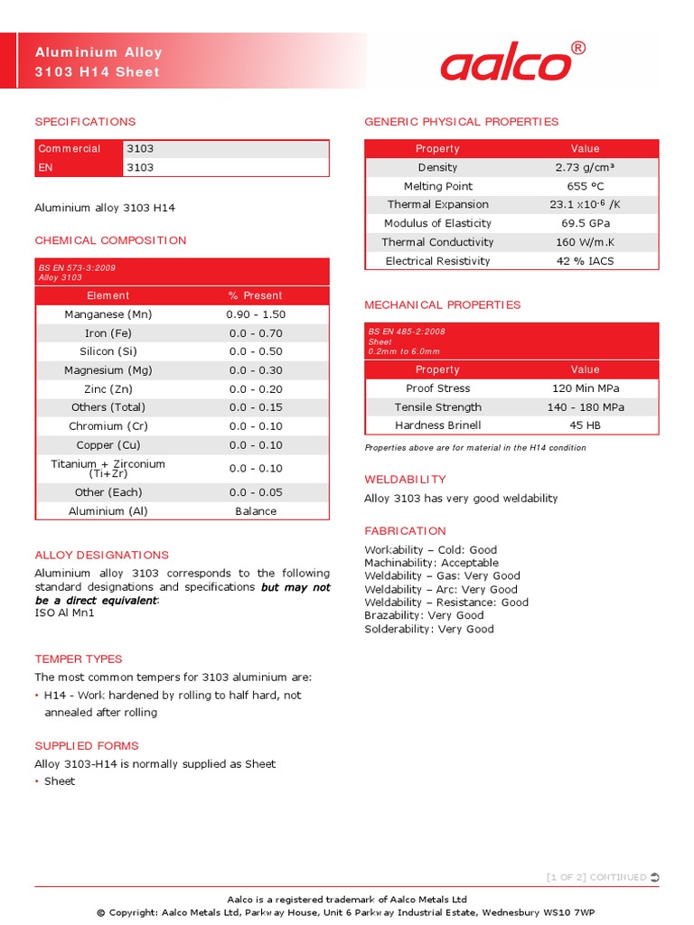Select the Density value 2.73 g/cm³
[585, 167]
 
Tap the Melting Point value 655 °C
[585, 186]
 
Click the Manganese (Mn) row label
[108, 314]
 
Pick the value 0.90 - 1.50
[256, 314]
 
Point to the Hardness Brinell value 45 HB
[585, 425]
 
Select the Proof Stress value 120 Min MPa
[585, 388]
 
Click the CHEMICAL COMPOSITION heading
[110, 240]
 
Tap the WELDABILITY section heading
[405, 479]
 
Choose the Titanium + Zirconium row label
[108, 468]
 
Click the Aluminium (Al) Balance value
[256, 511]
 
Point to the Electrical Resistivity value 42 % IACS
[585, 261]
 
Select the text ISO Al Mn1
[64, 613]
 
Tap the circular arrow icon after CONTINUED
[655, 877]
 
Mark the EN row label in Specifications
[45, 167]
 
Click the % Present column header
[256, 295]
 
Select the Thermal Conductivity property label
[437, 242]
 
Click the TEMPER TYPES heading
[78, 659]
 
